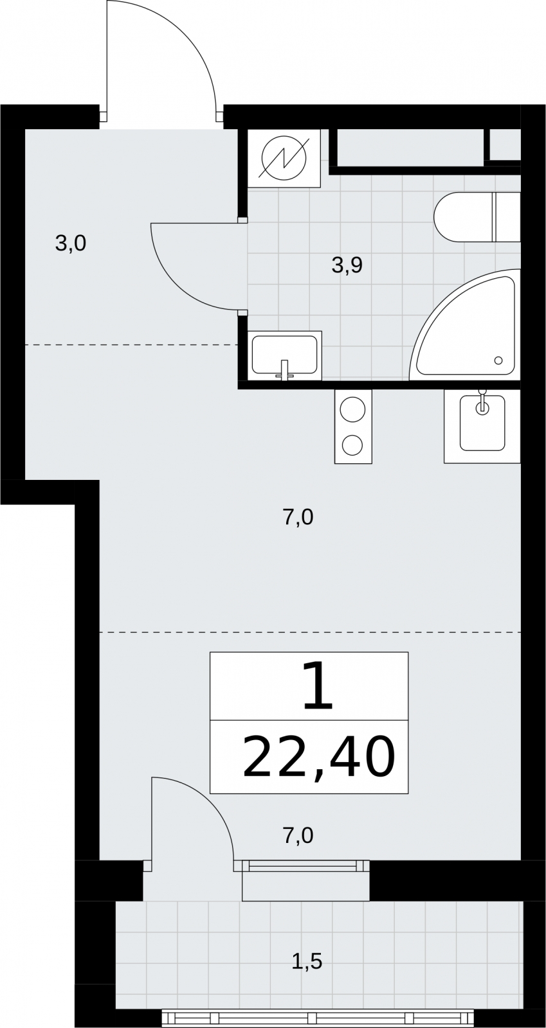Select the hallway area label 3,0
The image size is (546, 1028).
[71, 244]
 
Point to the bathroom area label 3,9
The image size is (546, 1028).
[347, 265]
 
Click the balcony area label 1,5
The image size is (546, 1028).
[307, 961]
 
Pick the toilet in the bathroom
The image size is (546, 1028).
[477, 218]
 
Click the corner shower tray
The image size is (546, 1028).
[465, 324]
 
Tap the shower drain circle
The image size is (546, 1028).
[499, 360]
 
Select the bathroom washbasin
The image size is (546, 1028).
[285, 355]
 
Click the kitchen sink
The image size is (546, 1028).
[482, 425]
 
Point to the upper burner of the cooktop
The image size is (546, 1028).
[353, 409]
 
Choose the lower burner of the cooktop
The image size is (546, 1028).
[352, 445]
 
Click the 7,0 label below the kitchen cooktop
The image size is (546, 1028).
[298, 518]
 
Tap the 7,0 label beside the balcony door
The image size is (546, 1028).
[298, 836]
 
